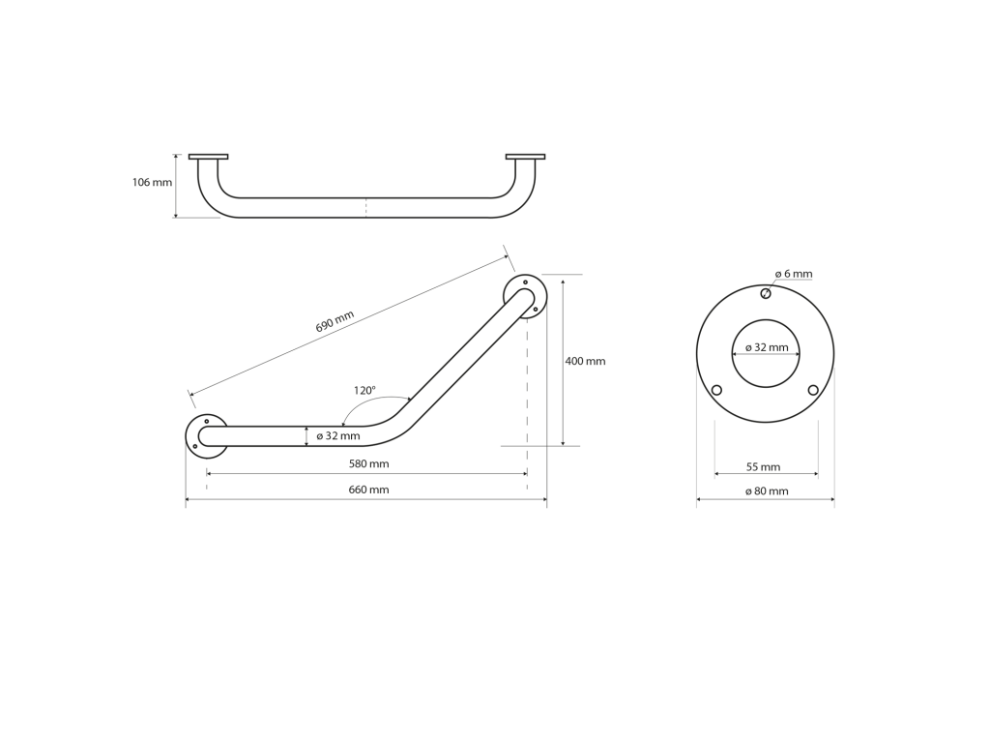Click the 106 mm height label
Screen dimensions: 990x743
click(152, 183)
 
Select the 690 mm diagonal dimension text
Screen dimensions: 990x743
click(335, 321)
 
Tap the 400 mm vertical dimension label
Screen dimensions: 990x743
click(585, 362)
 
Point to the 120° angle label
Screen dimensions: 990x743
click(364, 391)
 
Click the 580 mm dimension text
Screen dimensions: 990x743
click(368, 463)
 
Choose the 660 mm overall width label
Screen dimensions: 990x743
click(368, 490)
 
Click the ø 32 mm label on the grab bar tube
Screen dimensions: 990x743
click(337, 436)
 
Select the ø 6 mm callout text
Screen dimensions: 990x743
click(794, 274)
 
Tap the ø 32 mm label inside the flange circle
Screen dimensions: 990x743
click(767, 347)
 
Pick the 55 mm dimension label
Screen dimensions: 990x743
click(764, 467)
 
